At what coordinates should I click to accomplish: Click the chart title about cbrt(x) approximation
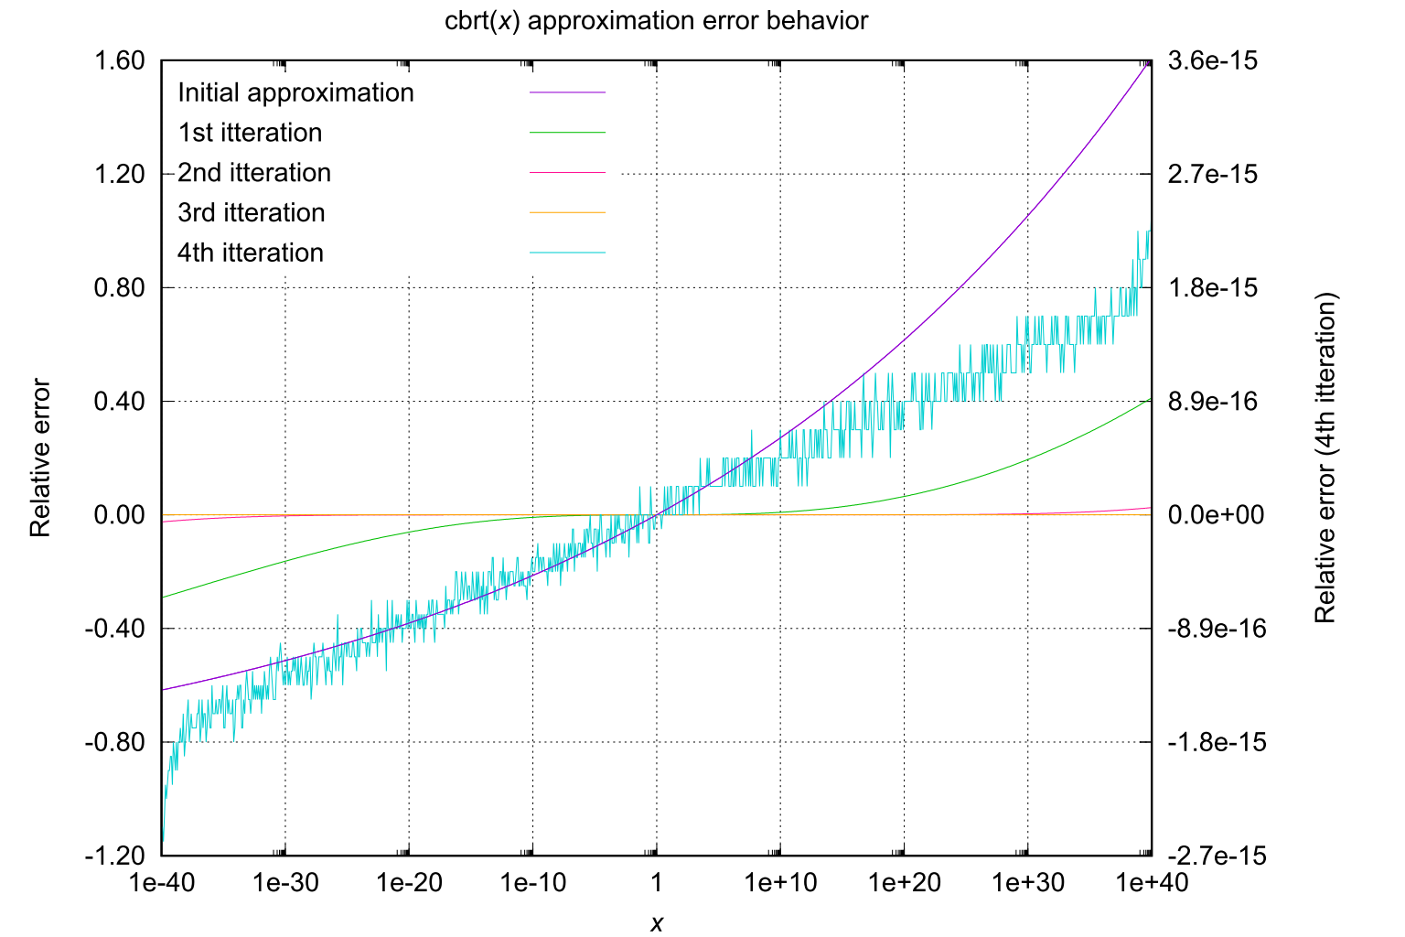(x=656, y=21)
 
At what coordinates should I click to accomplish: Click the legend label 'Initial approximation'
(x=295, y=93)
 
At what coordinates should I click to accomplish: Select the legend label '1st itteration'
(x=250, y=134)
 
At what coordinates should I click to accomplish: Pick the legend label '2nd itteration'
(x=253, y=173)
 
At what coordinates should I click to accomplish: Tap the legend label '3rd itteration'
(x=251, y=213)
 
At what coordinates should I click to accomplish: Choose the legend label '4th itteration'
(x=250, y=253)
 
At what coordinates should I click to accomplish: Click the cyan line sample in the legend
(x=567, y=253)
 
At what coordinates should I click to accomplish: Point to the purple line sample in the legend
(x=567, y=92)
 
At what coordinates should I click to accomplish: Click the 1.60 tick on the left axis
(x=120, y=61)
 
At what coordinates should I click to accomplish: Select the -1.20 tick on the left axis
(x=116, y=856)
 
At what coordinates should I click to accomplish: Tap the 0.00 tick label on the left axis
(x=120, y=515)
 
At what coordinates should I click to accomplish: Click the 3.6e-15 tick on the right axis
(x=1213, y=61)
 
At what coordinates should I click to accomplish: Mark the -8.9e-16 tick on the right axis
(x=1217, y=629)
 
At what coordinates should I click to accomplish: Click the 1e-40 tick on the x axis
(x=161, y=883)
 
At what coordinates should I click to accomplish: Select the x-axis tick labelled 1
(x=656, y=883)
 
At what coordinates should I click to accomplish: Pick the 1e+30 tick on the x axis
(x=1028, y=883)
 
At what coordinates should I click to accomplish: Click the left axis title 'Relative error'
(x=40, y=458)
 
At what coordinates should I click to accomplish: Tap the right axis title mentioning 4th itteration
(x=1325, y=458)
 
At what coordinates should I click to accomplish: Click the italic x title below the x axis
(x=656, y=923)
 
